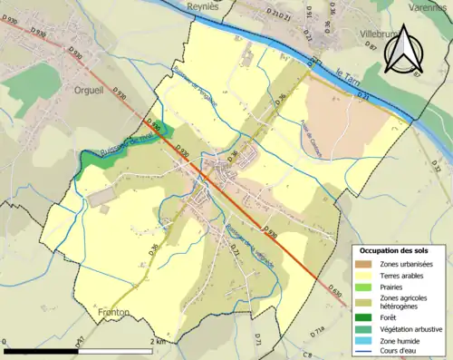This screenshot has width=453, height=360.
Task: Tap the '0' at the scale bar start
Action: point(6,343)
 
